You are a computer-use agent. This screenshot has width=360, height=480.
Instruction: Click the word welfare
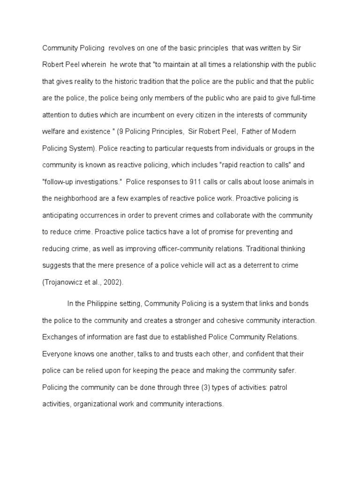(55, 132)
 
